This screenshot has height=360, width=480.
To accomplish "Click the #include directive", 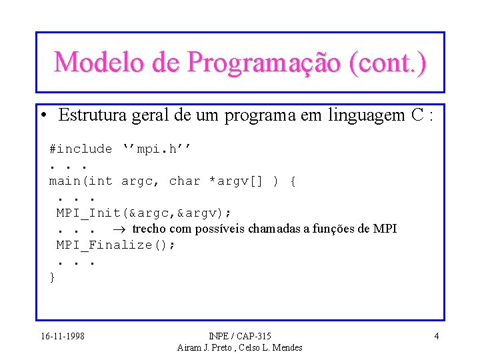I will pyautogui.click(x=81, y=149).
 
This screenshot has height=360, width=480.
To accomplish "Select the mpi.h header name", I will pyautogui.click(x=157, y=149).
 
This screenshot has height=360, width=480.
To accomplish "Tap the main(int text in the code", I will pyautogui.click(x=81, y=181).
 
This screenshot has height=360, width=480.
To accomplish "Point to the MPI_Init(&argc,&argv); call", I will pyautogui.click(x=143, y=213).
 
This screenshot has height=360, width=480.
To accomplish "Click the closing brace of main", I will pyautogui.click(x=53, y=277).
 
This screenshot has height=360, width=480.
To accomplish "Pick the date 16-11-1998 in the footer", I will pyautogui.click(x=62, y=336).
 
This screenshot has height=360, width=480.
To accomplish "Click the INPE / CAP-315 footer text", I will pyautogui.click(x=240, y=336).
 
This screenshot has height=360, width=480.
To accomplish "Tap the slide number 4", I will pyautogui.click(x=436, y=336).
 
